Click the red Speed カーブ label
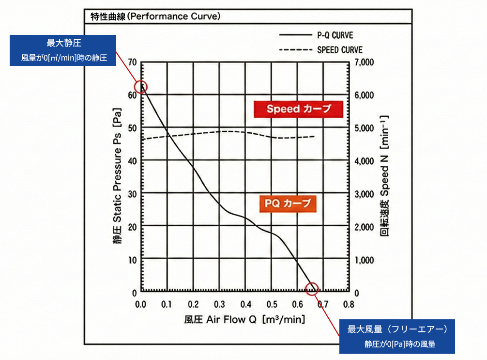pyautogui.click(x=298, y=109)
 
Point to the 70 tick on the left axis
pyautogui.click(x=133, y=63)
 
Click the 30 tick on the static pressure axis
pyautogui.click(x=133, y=194)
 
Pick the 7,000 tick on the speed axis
pyautogui.click(x=365, y=63)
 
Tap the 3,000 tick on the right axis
pyautogui.click(x=365, y=194)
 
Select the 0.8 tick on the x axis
pyautogui.click(x=349, y=305)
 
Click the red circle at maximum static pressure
pyautogui.click(x=141, y=87)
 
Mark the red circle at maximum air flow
pyautogui.click(x=313, y=289)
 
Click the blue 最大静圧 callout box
pyautogui.click(x=63, y=50)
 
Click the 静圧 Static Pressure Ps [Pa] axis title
pyautogui.click(x=118, y=178)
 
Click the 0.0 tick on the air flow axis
pyautogui.click(x=141, y=305)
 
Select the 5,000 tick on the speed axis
pyautogui.click(x=365, y=128)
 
